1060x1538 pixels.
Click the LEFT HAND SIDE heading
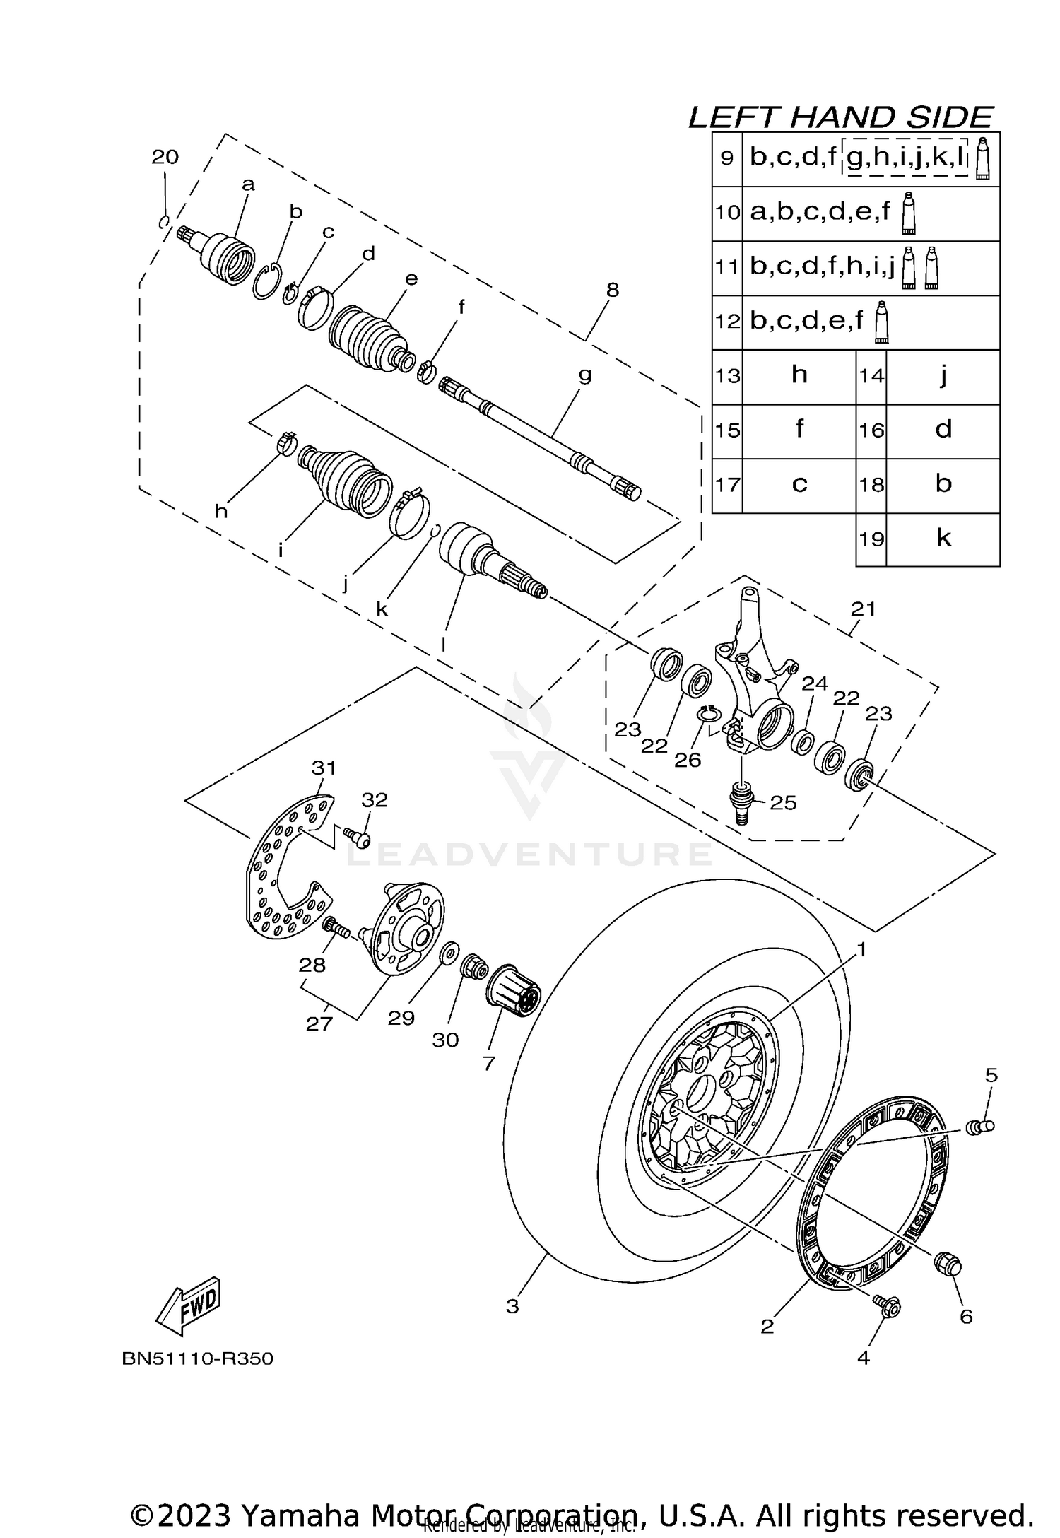(841, 117)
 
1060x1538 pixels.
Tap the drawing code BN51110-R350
(197, 1358)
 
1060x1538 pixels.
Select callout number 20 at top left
(165, 157)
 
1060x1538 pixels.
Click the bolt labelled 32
(358, 839)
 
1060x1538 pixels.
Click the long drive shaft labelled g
(541, 434)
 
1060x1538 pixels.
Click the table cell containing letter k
(943, 539)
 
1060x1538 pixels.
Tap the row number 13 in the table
(726, 376)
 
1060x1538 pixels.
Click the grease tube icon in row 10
(909, 212)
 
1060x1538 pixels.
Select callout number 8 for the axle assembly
(612, 290)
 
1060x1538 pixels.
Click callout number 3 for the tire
(512, 1306)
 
